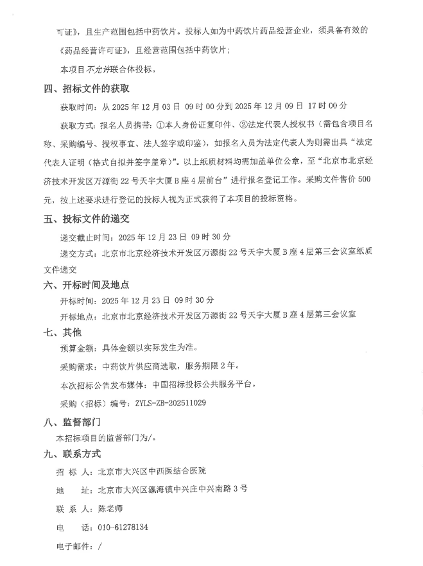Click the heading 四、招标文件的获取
point(87,88)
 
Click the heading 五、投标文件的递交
point(87,219)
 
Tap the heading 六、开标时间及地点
point(87,284)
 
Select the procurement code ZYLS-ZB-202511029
point(171,403)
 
